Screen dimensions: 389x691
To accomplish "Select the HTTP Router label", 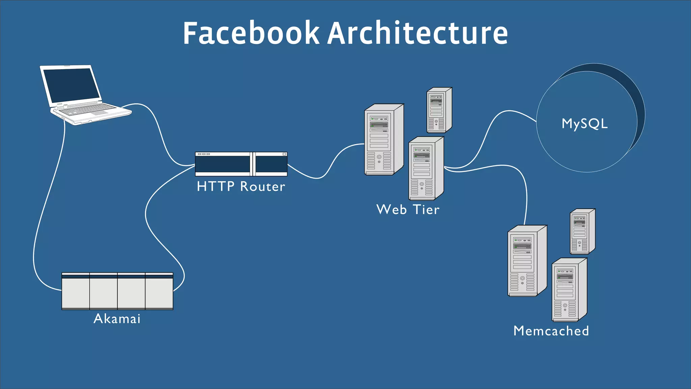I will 241,186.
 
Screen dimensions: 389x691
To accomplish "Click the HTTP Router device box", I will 223,164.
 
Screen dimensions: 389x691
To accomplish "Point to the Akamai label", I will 117,318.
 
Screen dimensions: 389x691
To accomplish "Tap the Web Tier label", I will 408,209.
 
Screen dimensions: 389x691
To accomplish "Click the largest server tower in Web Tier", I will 381,140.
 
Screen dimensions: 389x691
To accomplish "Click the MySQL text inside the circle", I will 584,124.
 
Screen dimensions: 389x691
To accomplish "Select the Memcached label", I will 551,331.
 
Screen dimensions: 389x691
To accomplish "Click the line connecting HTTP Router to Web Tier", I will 317,178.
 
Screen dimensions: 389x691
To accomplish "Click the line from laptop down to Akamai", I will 47,203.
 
